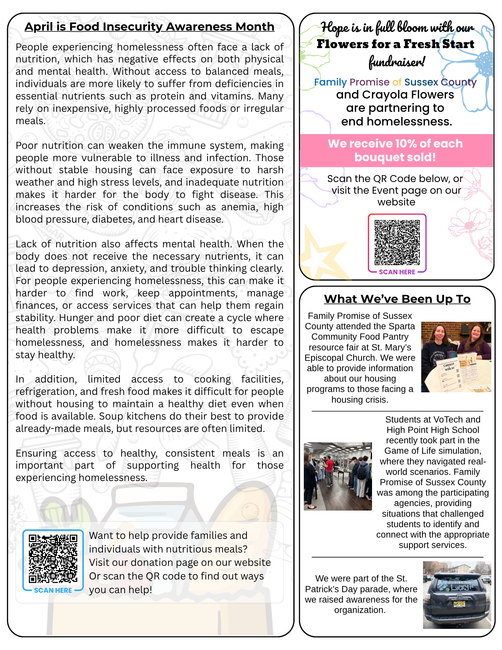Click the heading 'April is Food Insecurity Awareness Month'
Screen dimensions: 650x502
tap(149, 27)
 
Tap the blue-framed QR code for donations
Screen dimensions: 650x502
tap(53, 558)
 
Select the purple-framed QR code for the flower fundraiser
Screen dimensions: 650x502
tap(397, 242)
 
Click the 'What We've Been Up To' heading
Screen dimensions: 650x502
tap(397, 299)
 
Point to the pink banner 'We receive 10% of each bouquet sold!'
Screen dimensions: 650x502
tap(395, 150)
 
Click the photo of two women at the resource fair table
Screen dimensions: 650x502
tap(456, 357)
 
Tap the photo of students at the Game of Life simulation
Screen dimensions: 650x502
tap(338, 476)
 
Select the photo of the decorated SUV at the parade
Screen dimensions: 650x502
tap(457, 595)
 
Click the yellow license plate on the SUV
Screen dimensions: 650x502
tap(459, 604)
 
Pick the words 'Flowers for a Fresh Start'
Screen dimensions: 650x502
tap(395, 44)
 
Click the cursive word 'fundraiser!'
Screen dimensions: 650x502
tap(396, 62)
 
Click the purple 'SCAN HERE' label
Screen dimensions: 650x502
tap(397, 272)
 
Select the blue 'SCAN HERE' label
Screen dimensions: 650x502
tap(53, 590)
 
